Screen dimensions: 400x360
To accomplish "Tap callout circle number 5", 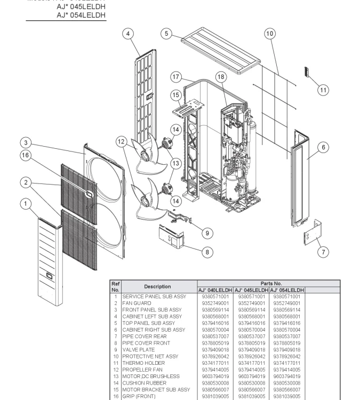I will pos(166,34).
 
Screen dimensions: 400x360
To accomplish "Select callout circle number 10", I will pos(270,34).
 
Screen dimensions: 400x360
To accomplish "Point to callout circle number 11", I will pos(323,90).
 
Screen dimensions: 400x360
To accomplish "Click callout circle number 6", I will pos(323,148).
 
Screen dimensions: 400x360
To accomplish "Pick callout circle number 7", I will pos(323,252).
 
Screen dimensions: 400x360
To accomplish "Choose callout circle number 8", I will pos(207,252).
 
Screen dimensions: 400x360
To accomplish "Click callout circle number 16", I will pos(25,155).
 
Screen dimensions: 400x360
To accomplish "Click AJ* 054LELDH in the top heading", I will pos(81,15).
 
